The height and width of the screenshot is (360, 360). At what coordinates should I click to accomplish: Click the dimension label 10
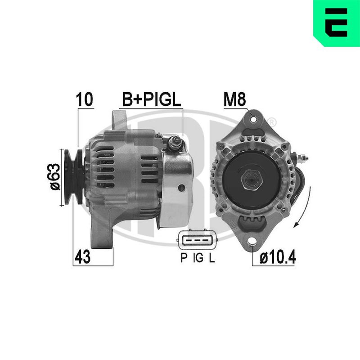pyautogui.click(x=85, y=99)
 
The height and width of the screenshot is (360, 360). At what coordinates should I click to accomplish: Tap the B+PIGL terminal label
pyautogui.click(x=152, y=99)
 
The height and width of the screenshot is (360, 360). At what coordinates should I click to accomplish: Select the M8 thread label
pyautogui.click(x=234, y=99)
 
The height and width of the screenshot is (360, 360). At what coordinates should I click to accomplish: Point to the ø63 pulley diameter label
pyautogui.click(x=55, y=177)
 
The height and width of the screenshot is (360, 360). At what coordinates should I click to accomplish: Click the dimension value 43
pyautogui.click(x=83, y=257)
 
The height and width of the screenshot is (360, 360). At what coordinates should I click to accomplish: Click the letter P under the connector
pyautogui.click(x=184, y=257)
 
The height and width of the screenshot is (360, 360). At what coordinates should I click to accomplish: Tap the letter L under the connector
pyautogui.click(x=211, y=257)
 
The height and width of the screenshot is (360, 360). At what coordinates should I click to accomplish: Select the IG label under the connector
pyautogui.click(x=198, y=257)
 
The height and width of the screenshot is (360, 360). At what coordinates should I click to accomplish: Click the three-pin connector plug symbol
pyautogui.click(x=198, y=240)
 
